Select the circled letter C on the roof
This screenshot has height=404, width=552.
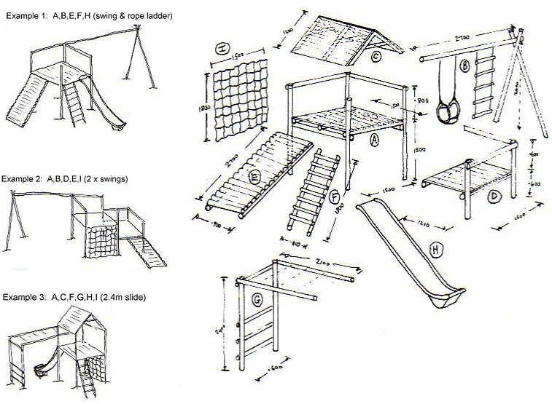pos(376,58)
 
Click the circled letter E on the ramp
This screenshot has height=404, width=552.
pos(255,175)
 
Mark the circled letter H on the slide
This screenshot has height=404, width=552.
pos(435,250)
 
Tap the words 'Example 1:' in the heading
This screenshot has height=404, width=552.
pos(25,15)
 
